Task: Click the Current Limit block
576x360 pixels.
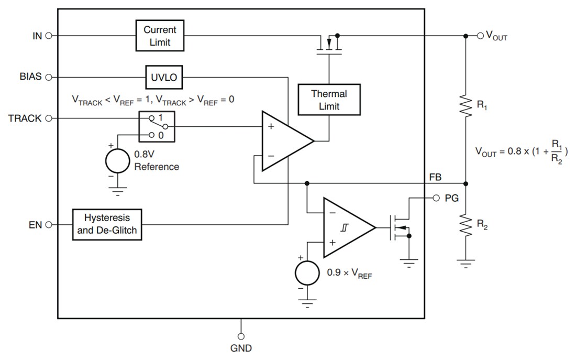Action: (x=160, y=36)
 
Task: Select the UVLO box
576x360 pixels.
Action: (x=164, y=78)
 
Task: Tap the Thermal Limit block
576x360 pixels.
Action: (x=329, y=100)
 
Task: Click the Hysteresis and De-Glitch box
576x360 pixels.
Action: (x=107, y=224)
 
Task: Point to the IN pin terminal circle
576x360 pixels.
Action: (x=49, y=36)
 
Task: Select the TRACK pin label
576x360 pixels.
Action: (x=24, y=118)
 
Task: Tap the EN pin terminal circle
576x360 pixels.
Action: (x=49, y=224)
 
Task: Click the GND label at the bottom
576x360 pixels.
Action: (x=241, y=348)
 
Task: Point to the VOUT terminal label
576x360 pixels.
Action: (x=496, y=36)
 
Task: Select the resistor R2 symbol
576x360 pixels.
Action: (x=466, y=225)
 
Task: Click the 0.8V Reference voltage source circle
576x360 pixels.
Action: (x=117, y=161)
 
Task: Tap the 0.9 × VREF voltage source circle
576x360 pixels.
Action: (x=307, y=273)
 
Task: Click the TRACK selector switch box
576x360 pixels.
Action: (x=157, y=126)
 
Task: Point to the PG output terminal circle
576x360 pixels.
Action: (x=436, y=198)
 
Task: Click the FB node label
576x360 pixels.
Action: (x=435, y=178)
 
